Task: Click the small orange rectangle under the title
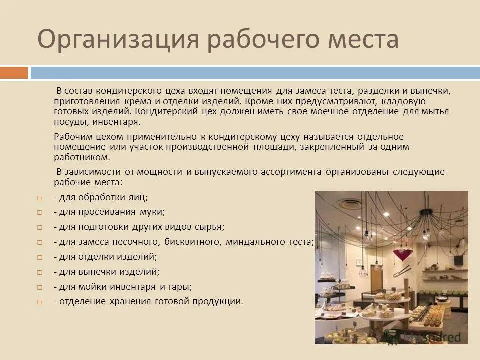[14, 73]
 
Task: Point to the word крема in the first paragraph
[136, 101]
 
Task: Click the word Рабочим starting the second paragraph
[70, 136]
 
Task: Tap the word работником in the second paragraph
[81, 157]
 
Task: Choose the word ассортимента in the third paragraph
[290, 172]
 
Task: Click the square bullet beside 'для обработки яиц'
[40, 198]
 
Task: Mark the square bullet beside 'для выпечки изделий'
[40, 273]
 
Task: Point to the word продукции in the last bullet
[218, 302]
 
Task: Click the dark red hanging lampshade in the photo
[400, 254]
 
